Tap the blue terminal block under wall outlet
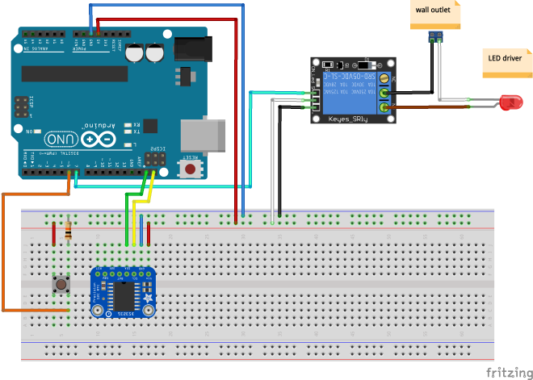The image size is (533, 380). (x=437, y=35)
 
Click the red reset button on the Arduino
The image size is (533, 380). (x=191, y=169)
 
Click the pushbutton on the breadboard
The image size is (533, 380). (x=60, y=284)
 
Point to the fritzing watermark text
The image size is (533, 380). (x=509, y=372)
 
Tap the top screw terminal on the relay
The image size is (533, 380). (x=385, y=79)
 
